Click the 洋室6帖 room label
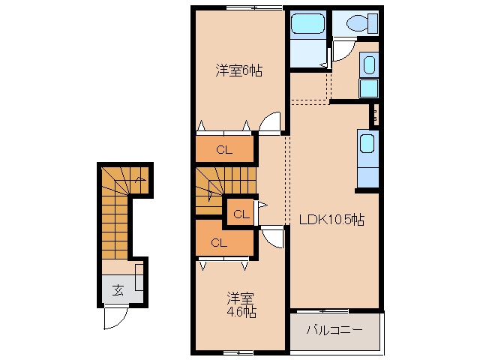point(238,70)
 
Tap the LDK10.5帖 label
point(331,220)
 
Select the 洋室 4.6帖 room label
point(241,304)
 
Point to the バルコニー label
point(334,330)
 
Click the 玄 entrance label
point(118,290)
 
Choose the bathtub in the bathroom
point(307,23)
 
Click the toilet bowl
point(357,23)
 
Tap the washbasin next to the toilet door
point(369,65)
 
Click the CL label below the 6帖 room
point(224,150)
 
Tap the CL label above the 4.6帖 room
point(219,243)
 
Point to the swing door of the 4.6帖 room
point(271,237)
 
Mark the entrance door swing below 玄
point(115,316)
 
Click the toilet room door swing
point(343,49)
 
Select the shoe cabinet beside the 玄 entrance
point(139,277)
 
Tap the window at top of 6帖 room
point(254,7)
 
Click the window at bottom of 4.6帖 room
point(238,352)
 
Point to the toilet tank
point(373,23)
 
